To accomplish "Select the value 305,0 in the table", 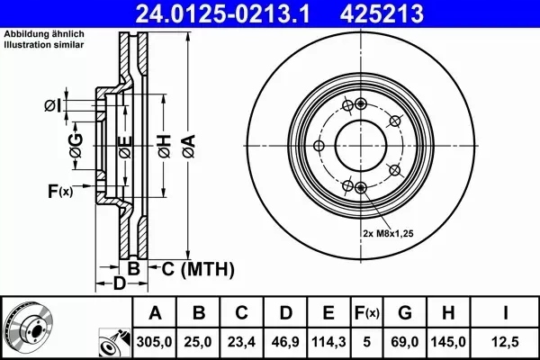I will tap(154, 342).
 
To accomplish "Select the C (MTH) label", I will tap(197, 268).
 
